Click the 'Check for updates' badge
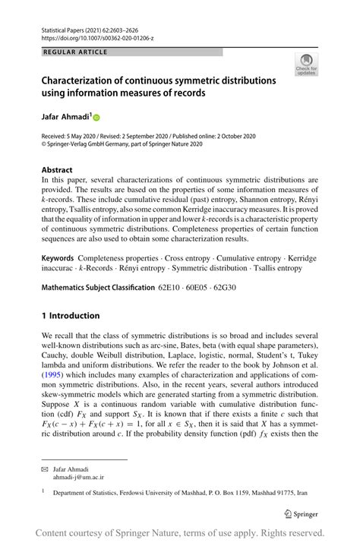pos(306,65)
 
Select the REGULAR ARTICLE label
pos(76,52)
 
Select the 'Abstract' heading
pos(57,169)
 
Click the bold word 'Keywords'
pos(58,259)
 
